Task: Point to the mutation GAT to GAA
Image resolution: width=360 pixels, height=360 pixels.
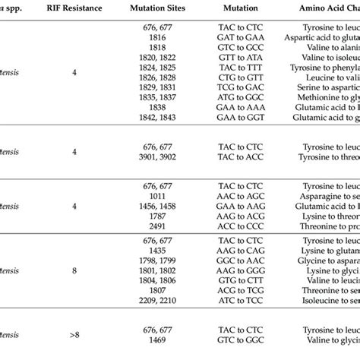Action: (245, 36)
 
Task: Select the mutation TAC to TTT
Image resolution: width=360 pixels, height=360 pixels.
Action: (245, 68)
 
